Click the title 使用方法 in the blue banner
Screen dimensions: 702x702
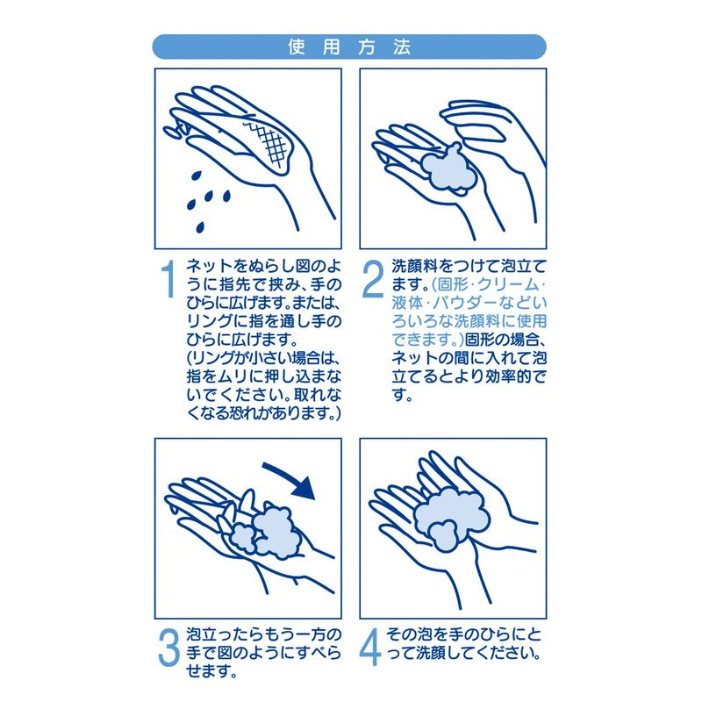coord(349,47)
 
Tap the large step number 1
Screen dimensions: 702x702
coord(168,279)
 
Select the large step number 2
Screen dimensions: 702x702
coord(374,279)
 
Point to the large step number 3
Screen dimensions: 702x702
coord(168,648)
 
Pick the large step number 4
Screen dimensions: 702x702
coord(370,648)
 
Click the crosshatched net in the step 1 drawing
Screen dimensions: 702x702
coord(271,143)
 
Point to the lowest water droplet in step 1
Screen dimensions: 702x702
coord(200,227)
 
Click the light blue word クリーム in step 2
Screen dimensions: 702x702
coord(508,285)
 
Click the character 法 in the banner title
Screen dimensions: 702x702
coord(402,47)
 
